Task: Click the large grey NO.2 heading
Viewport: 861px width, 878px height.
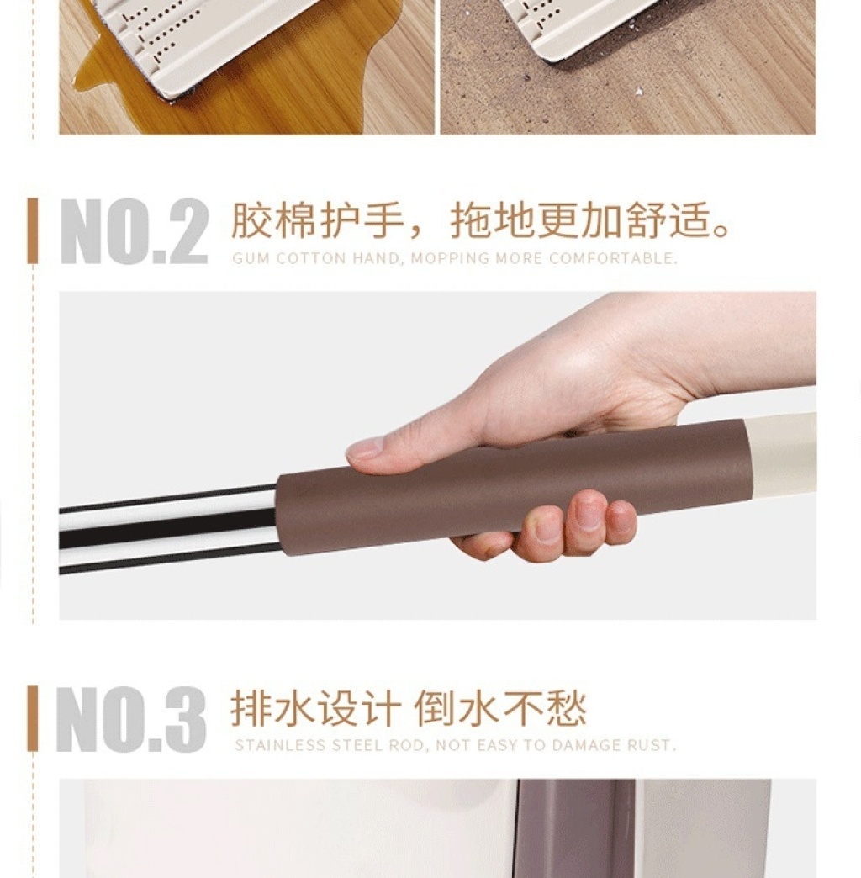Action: [134, 231]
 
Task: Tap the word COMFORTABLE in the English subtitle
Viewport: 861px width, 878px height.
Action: [613, 258]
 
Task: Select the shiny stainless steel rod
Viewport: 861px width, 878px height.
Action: [168, 529]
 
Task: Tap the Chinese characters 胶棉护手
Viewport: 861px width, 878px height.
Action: [318, 220]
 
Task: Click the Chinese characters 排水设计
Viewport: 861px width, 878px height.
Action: [316, 708]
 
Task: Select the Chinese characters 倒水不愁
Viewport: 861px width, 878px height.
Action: [499, 708]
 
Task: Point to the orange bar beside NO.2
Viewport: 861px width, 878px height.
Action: [33, 230]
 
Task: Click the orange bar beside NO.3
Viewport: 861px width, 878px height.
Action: [33, 718]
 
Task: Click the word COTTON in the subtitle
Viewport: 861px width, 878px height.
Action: [311, 258]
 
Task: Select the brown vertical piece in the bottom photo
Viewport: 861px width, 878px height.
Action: [577, 828]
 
